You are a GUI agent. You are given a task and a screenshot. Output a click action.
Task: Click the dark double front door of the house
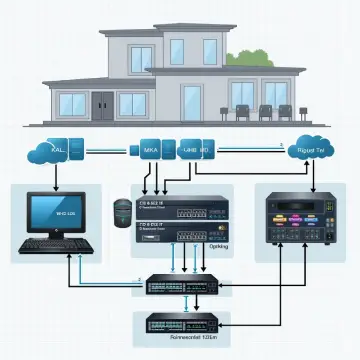(x=105, y=104)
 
